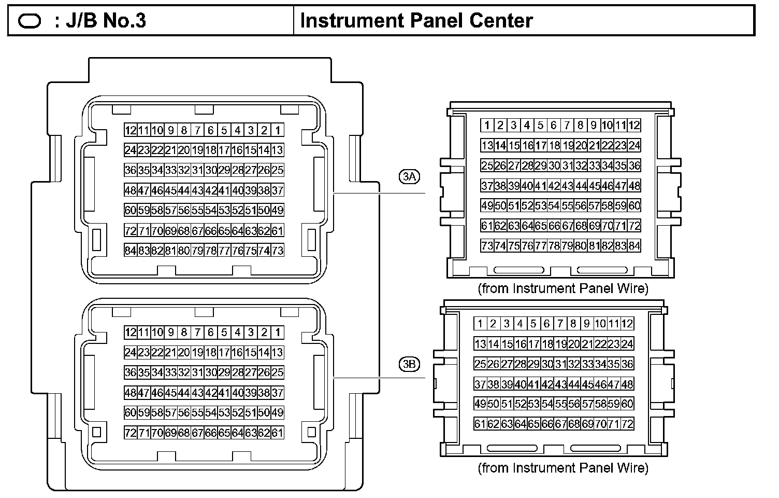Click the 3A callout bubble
[x=409, y=177]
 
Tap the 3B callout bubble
[x=409, y=364]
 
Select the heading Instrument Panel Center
[x=416, y=21]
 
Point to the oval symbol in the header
[x=30, y=21]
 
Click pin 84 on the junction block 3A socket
[x=130, y=251]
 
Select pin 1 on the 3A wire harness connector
[x=487, y=125]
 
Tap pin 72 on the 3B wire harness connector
[x=627, y=424]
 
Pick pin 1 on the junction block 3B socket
[x=278, y=333]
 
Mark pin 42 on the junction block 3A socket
[x=211, y=190]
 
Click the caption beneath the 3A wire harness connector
[x=563, y=288]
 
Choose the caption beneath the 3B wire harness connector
[x=563, y=468]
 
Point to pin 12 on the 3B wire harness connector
[x=627, y=324]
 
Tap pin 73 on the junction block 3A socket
[x=278, y=251]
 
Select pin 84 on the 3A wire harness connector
[x=634, y=245]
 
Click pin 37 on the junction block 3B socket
[x=278, y=393]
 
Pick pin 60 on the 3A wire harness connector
[x=634, y=205]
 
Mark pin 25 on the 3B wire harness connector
[x=480, y=364]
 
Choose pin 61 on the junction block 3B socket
[x=278, y=433]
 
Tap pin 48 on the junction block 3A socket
[x=130, y=190]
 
